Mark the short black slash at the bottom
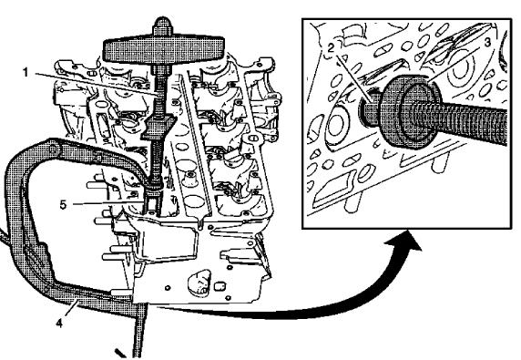(x=119, y=350)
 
